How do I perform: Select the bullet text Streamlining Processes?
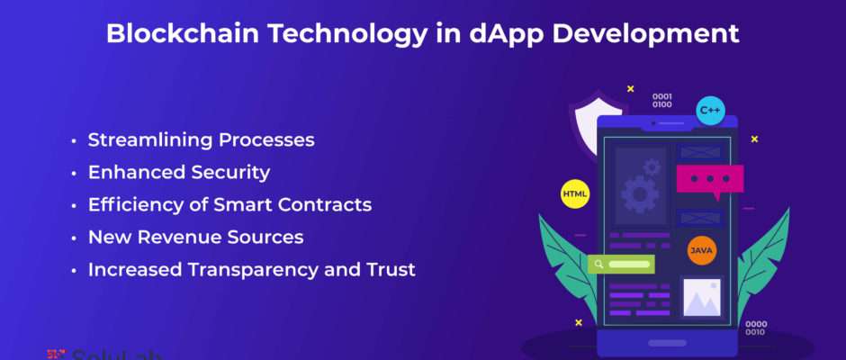click(202, 140)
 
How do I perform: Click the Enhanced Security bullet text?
click(179, 173)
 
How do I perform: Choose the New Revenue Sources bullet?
click(196, 238)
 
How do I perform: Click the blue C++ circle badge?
click(710, 111)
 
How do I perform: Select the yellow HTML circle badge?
click(575, 193)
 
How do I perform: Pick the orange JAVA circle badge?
click(702, 250)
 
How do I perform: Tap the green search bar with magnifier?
click(622, 265)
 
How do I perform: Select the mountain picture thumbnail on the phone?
click(702, 297)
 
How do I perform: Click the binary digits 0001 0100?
click(662, 101)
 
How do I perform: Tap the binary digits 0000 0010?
click(756, 328)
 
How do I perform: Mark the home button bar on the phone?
click(667, 343)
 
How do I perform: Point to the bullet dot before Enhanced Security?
click(74, 174)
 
